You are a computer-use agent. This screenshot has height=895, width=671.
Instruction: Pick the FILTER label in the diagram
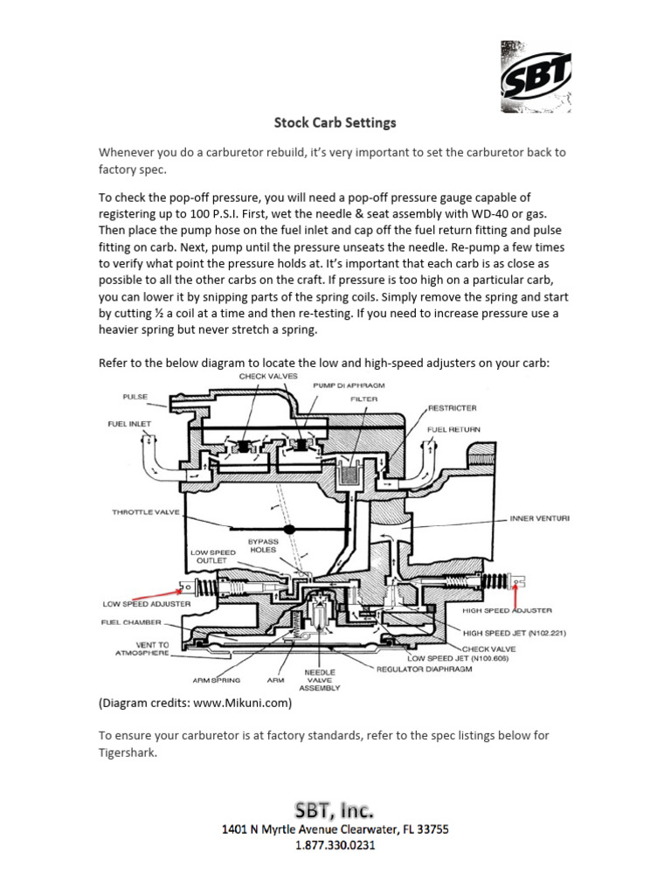coord(364,399)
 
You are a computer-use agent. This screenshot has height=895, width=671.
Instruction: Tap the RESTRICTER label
coord(452,407)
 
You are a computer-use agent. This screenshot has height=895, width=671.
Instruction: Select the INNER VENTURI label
coord(540,518)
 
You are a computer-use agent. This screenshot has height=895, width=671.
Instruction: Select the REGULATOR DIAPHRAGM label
coord(425,670)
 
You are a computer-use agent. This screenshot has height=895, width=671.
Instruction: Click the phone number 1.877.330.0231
coord(335,845)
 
